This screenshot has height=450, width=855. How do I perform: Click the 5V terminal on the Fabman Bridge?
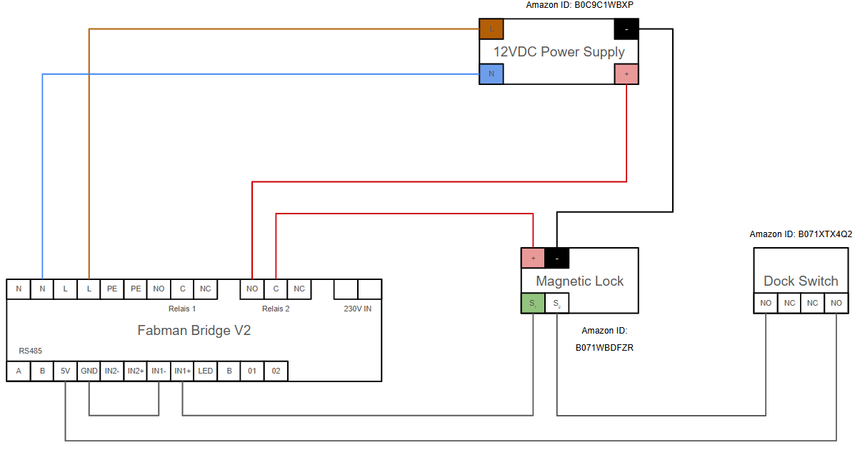click(x=65, y=371)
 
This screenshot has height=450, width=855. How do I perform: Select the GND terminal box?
click(x=89, y=371)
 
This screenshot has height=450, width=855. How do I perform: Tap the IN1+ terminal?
click(x=182, y=371)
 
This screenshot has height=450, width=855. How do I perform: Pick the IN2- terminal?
click(x=112, y=371)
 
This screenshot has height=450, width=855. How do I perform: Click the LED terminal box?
click(x=205, y=371)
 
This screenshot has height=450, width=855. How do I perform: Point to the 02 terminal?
click(x=275, y=371)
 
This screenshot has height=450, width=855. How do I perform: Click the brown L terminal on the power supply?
click(x=491, y=29)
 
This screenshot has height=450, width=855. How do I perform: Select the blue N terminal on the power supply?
click(x=491, y=74)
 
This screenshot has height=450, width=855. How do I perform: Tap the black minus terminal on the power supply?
click(x=626, y=29)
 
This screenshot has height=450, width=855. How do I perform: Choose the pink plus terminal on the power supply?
click(x=626, y=74)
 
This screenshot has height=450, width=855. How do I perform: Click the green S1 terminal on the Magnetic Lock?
click(x=533, y=304)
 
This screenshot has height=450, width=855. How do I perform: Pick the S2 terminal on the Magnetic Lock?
click(x=556, y=304)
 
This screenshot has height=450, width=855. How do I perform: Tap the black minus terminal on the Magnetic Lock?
click(x=556, y=257)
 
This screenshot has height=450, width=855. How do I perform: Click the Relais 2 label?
click(x=276, y=309)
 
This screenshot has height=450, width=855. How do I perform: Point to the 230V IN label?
click(x=358, y=309)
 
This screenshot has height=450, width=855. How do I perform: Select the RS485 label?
click(x=31, y=351)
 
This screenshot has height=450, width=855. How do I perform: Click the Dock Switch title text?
click(x=801, y=281)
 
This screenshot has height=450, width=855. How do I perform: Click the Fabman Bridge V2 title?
click(x=194, y=331)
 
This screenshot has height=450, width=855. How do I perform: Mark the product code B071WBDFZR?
click(x=604, y=348)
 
